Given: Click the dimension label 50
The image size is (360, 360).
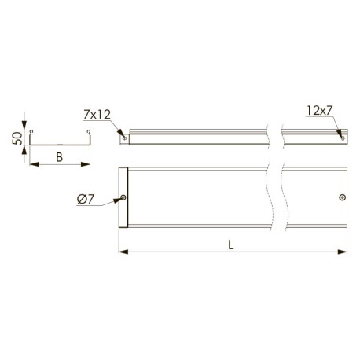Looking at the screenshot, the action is pyautogui.click(x=17, y=138).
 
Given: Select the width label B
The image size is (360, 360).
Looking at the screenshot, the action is pyautogui.click(x=60, y=157).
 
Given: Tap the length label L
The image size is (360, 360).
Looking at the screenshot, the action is pyautogui.click(x=231, y=244).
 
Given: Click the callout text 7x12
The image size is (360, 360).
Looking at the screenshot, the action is pyautogui.click(x=97, y=115).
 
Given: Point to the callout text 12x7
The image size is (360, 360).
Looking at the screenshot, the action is pyautogui.click(x=319, y=111).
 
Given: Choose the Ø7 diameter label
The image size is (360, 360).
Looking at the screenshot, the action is pyautogui.click(x=86, y=200).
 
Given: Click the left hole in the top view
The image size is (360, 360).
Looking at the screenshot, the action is pyautogui.click(x=123, y=197).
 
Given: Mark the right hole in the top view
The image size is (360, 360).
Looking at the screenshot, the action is pyautogui.click(x=342, y=197).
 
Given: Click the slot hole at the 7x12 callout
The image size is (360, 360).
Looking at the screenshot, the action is pyautogui.click(x=125, y=138).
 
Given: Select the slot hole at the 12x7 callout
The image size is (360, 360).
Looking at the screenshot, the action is pyautogui.click(x=343, y=138).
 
